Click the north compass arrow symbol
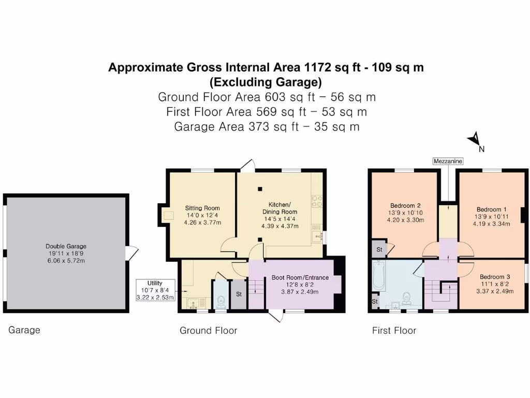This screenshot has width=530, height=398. (x=473, y=139)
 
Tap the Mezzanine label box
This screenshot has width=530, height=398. (x=448, y=161)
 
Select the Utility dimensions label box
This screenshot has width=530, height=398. (x=155, y=290)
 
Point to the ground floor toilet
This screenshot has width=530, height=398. (x=221, y=301)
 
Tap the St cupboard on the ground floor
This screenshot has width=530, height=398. (x=239, y=295)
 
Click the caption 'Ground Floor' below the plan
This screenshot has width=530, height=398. (x=208, y=331)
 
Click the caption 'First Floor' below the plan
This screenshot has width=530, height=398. (x=394, y=331)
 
